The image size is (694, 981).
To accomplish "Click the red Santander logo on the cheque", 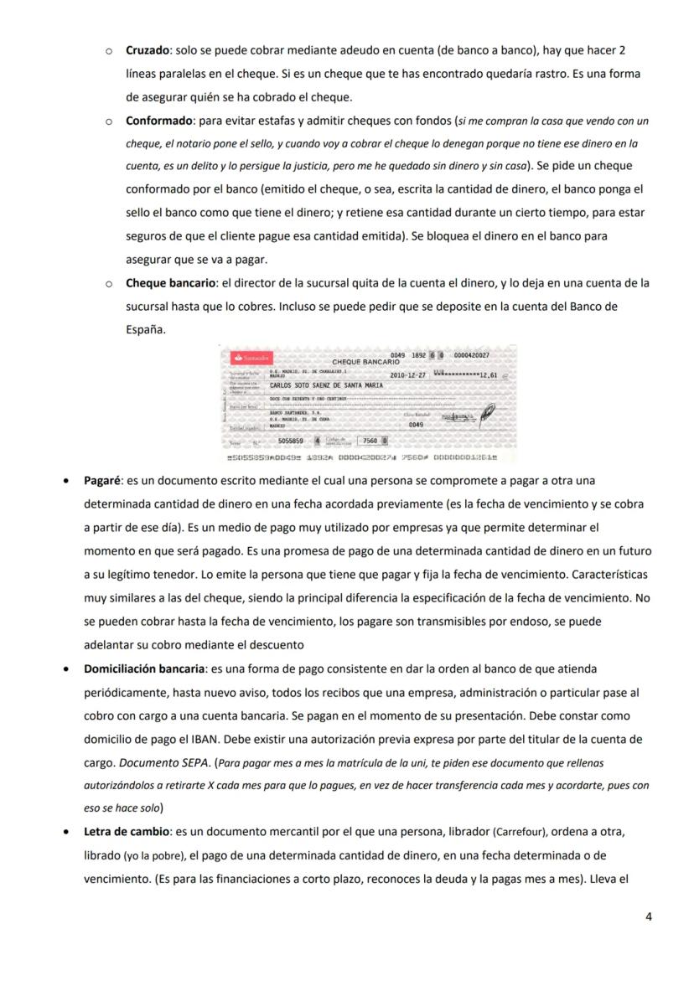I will [x=252, y=358].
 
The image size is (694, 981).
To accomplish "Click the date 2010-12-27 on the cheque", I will [x=408, y=375].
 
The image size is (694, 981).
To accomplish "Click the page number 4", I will [x=648, y=916].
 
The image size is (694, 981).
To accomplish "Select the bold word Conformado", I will [x=159, y=121].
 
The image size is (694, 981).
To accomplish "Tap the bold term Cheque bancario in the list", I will [x=171, y=283].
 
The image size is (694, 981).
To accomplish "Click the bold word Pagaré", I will [x=102, y=481].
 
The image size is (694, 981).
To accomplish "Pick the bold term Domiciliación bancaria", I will [x=144, y=669].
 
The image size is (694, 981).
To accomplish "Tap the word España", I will [x=146, y=330].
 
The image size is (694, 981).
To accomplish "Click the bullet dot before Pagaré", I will [x=66, y=482].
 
